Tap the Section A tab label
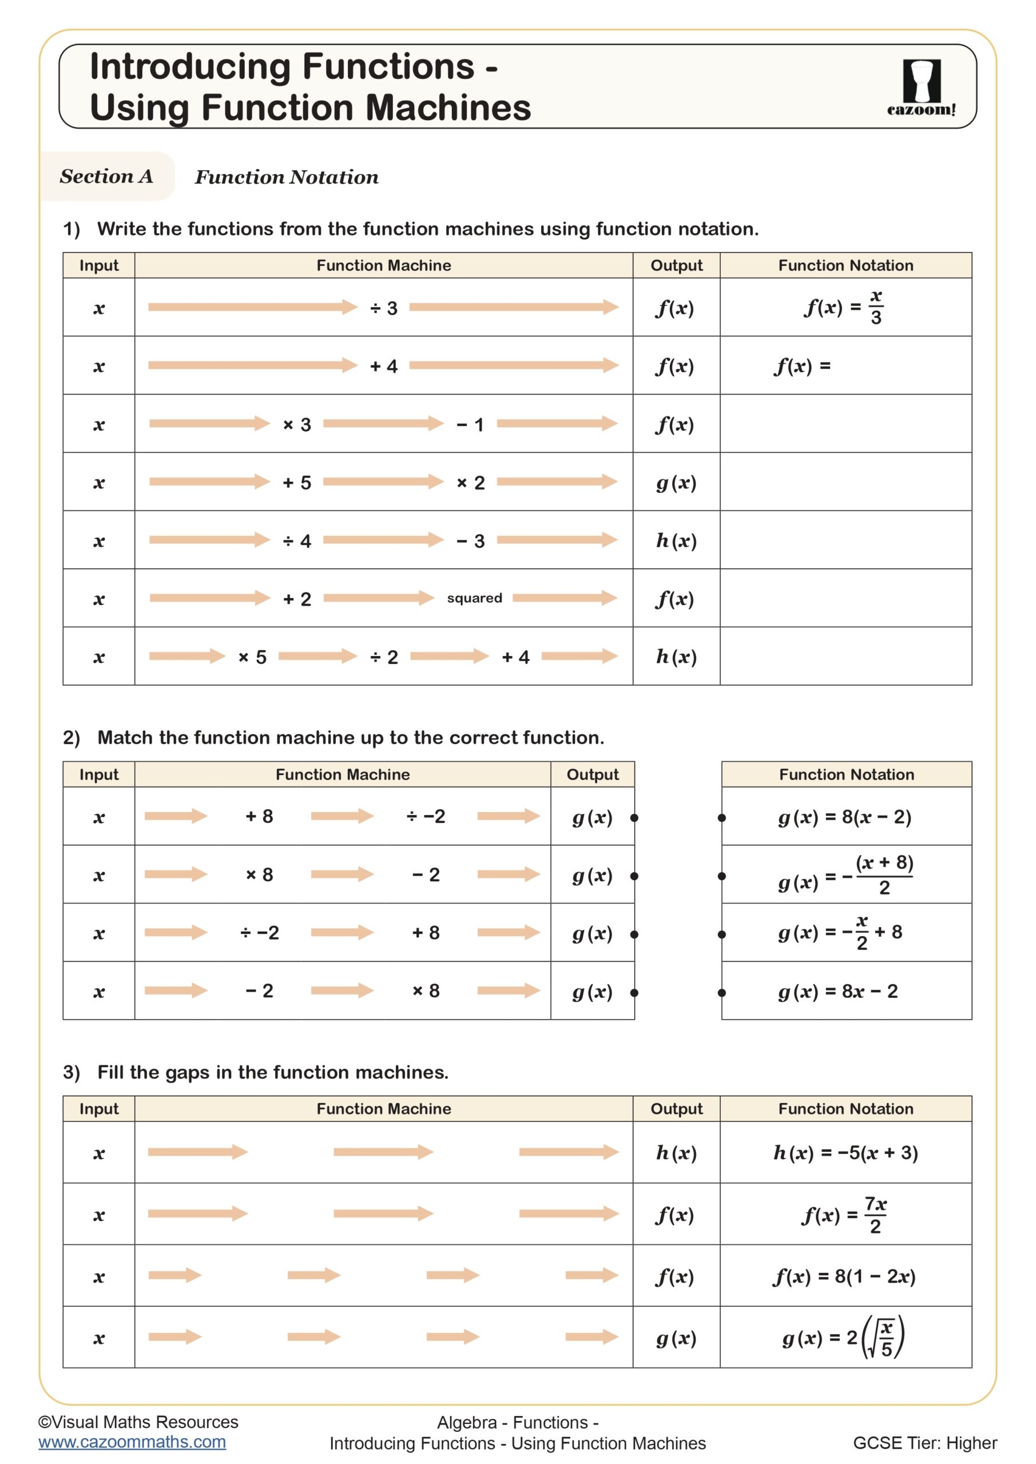pyautogui.click(x=106, y=176)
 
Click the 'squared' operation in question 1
pyautogui.click(x=474, y=598)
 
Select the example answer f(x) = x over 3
pyautogui.click(x=844, y=307)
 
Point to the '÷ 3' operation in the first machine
pyautogui.click(x=383, y=308)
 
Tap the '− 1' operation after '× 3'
pyautogui.click(x=470, y=425)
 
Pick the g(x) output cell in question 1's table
pyautogui.click(x=676, y=483)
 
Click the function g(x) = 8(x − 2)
pyautogui.click(x=844, y=817)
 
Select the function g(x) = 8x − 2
pyautogui.click(x=837, y=991)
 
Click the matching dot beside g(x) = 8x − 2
pyautogui.click(x=721, y=993)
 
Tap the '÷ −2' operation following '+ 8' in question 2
pyautogui.click(x=426, y=816)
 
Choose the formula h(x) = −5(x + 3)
pyautogui.click(x=846, y=1152)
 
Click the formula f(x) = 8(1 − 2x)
pyautogui.click(x=844, y=1276)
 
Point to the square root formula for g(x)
pyautogui.click(x=843, y=1337)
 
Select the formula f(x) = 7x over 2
pyautogui.click(x=844, y=1215)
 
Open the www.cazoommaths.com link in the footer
pyautogui.click(x=132, y=1442)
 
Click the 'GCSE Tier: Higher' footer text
pyautogui.click(x=924, y=1443)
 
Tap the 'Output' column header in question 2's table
pyautogui.click(x=592, y=774)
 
